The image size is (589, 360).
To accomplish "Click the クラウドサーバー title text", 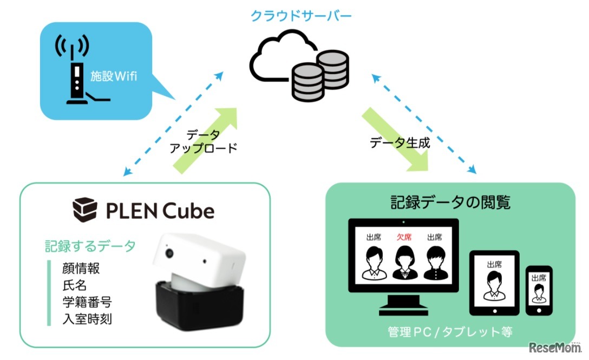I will pyautogui.click(x=301, y=16).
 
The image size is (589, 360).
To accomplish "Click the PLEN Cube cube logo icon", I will pyautogui.click(x=85, y=210).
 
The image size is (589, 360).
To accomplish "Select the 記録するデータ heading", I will pyautogui.click(x=90, y=246).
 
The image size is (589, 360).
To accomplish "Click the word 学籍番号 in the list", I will pyautogui.click(x=83, y=302).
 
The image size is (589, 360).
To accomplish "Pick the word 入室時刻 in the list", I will pyautogui.click(x=83, y=319).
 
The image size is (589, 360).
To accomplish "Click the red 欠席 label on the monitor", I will pyautogui.click(x=403, y=237).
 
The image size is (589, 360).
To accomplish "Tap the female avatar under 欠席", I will pyautogui.click(x=403, y=263).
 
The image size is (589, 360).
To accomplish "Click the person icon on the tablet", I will pyautogui.click(x=493, y=285).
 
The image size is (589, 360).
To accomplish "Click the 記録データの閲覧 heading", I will pyautogui.click(x=450, y=202).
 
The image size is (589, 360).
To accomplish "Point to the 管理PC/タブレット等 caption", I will pyautogui.click(x=450, y=331).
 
